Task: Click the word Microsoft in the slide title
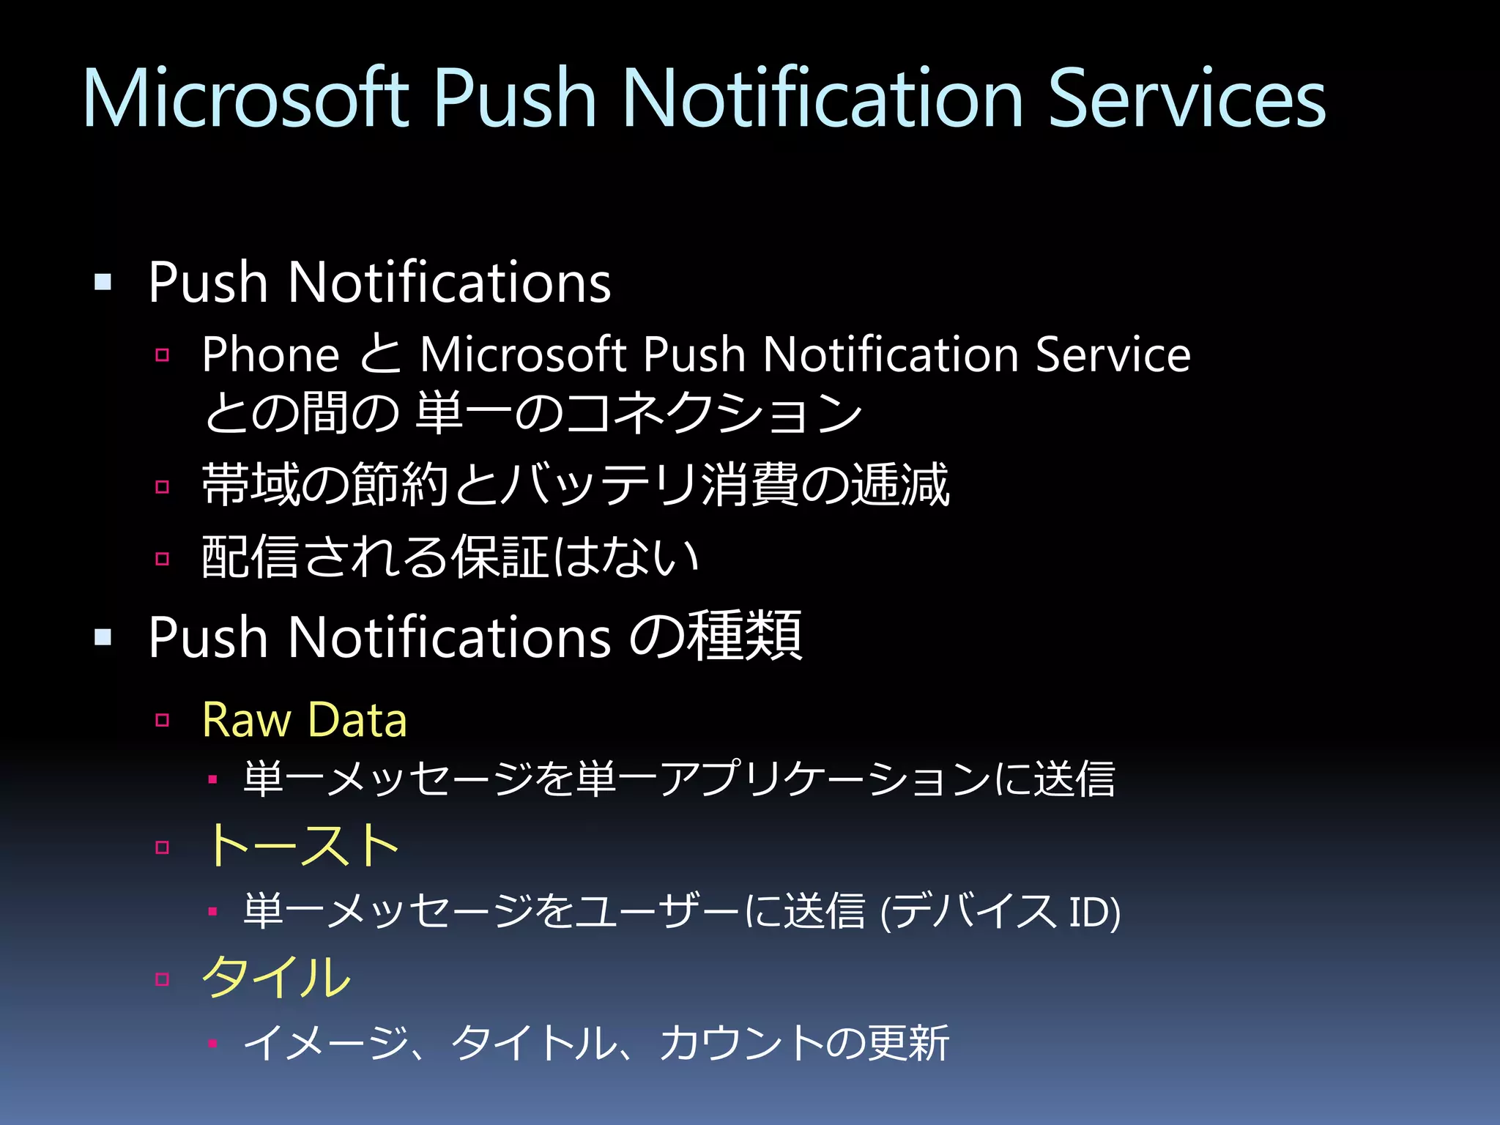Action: [245, 99]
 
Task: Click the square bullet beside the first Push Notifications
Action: [103, 282]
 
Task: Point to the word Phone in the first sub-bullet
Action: [270, 355]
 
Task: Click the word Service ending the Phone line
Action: [1113, 355]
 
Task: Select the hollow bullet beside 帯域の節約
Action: [163, 486]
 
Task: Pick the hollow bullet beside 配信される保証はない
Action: [163, 559]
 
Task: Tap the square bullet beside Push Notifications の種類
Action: [103, 637]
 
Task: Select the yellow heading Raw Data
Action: [304, 720]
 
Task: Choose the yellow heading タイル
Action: [277, 978]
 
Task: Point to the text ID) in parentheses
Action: [1094, 913]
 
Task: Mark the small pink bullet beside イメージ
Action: [212, 1044]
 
